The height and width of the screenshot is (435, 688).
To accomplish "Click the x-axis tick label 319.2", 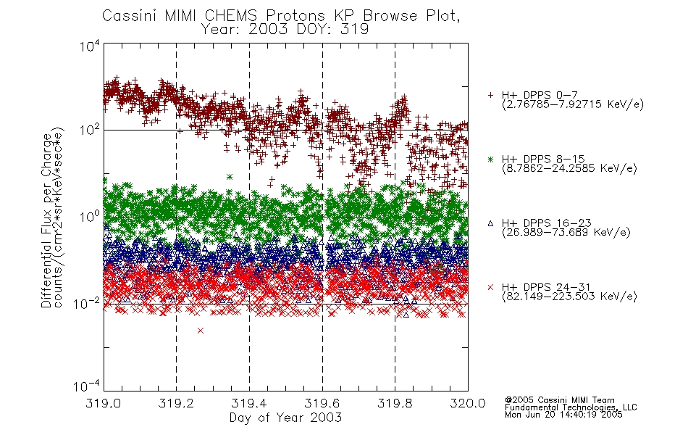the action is click(x=176, y=403).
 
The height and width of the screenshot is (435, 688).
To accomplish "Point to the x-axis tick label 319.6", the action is click(x=322, y=403).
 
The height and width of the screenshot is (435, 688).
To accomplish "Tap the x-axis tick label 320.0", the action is click(x=468, y=403).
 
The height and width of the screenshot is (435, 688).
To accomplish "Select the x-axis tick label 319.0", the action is click(x=103, y=403).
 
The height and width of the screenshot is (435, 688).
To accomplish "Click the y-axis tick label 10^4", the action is click(x=90, y=46).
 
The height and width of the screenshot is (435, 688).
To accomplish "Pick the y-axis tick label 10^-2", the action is click(x=87, y=303).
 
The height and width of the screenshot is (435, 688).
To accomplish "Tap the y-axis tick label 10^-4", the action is click(x=87, y=386).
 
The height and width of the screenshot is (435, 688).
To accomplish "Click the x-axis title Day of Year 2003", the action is click(x=285, y=418).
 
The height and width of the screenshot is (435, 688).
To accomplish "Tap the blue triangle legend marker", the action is click(x=490, y=223).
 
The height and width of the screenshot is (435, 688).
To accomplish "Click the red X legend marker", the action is click(x=490, y=287).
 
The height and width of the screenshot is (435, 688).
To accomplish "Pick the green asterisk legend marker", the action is click(x=490, y=159).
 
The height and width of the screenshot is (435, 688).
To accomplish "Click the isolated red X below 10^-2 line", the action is click(x=201, y=331).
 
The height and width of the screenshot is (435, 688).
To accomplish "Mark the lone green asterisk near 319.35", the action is click(x=230, y=177).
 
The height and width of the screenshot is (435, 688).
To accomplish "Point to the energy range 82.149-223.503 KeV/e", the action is click(x=569, y=297).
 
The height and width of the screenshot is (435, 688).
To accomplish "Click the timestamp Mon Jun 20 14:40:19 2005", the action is click(x=563, y=415).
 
